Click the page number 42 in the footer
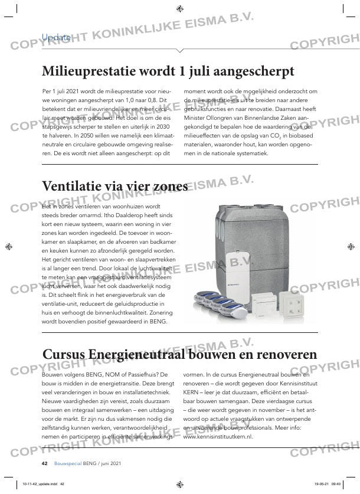[44, 462]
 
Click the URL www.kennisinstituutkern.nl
[218, 436]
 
